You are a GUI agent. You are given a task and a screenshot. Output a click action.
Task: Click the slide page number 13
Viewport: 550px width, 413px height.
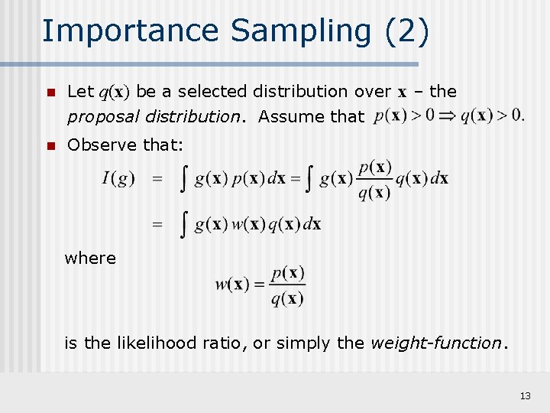point(525,395)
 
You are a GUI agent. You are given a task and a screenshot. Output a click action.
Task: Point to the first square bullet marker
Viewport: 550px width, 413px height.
point(50,93)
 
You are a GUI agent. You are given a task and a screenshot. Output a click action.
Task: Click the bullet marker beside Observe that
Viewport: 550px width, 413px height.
point(50,145)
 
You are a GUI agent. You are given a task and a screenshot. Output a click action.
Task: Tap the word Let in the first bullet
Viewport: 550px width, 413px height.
point(79,92)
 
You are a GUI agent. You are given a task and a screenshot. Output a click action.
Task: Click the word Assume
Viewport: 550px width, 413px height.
point(286,117)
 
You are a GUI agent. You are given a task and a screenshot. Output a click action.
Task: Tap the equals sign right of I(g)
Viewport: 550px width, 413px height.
point(157,179)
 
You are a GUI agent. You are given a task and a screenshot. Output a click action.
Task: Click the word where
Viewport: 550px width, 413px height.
point(90,259)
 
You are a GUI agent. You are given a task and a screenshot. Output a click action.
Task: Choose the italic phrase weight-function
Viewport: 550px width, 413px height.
point(435,343)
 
